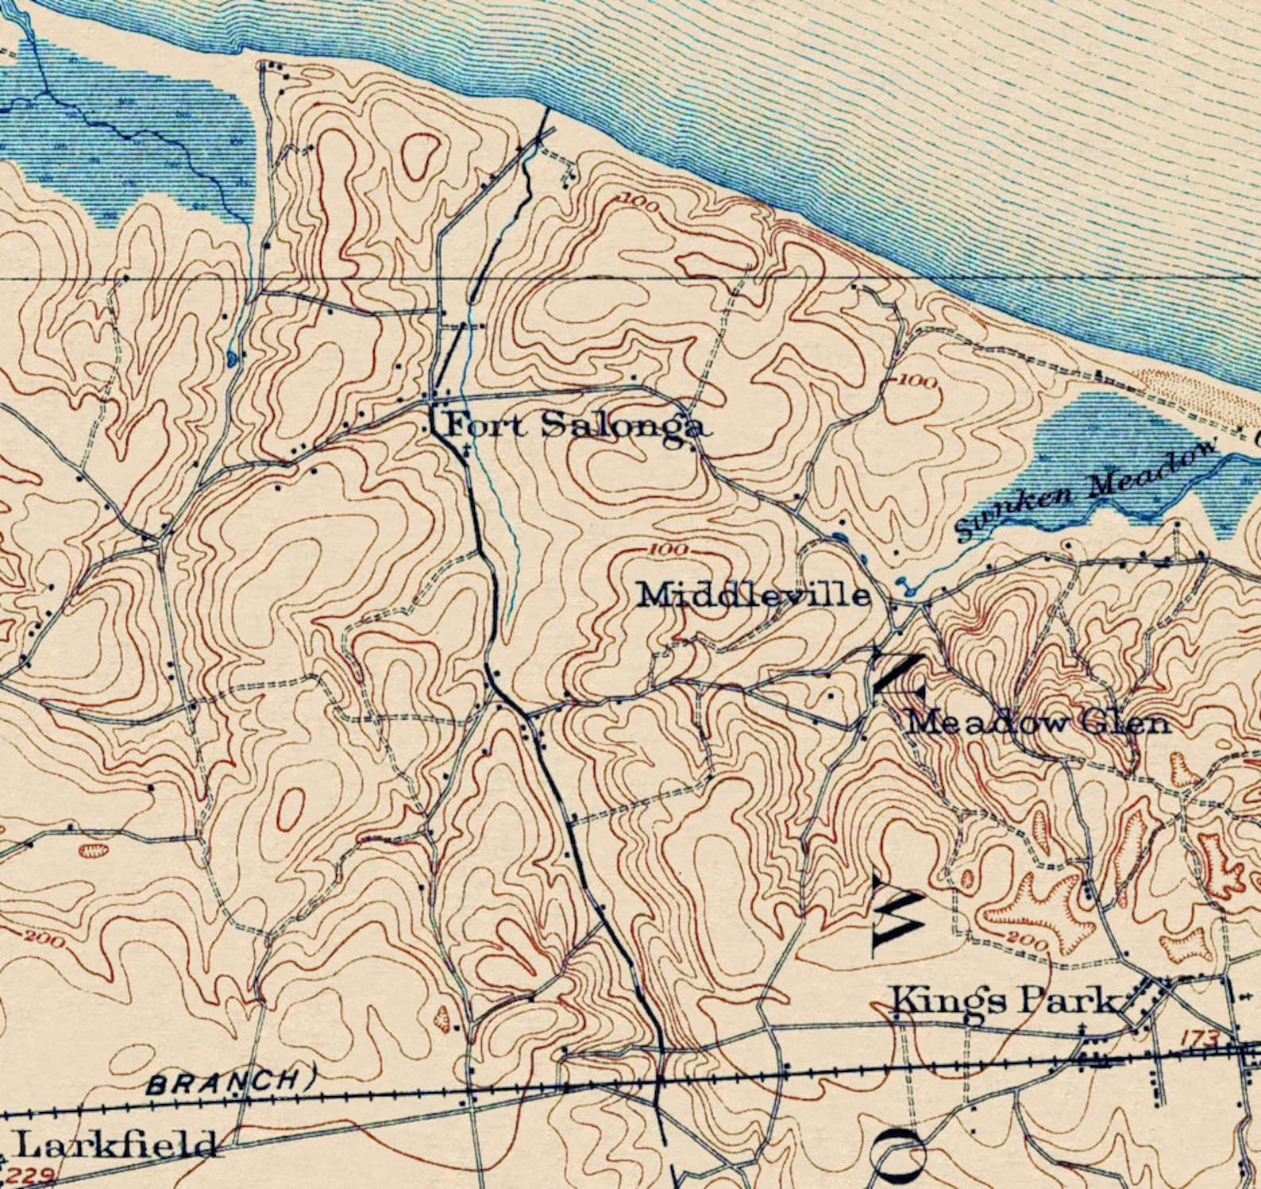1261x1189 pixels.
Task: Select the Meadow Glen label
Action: [x=1039, y=723]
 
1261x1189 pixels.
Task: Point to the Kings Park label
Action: [x=1002, y=1001]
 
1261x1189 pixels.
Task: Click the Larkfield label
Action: [x=115, y=1145]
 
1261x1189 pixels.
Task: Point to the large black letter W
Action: [x=898, y=913]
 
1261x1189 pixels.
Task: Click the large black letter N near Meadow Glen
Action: [x=898, y=675]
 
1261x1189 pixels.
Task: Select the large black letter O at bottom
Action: [x=900, y=1156]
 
